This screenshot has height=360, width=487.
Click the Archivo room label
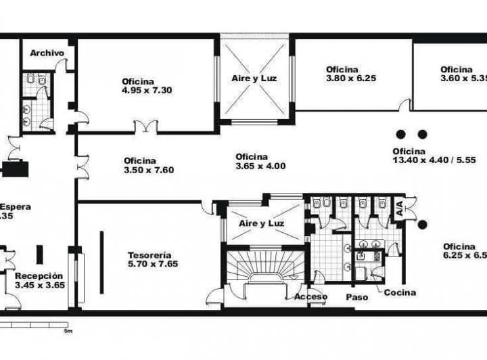pyautogui.click(x=47, y=53)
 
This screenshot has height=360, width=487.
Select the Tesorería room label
pyautogui.click(x=149, y=255)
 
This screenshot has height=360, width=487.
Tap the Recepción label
pyautogui.click(x=39, y=276)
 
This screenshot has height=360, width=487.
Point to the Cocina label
pyautogui.click(x=400, y=292)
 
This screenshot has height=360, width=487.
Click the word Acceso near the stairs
pyautogui.click(x=311, y=296)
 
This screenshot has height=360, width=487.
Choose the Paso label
pyautogui.click(x=357, y=297)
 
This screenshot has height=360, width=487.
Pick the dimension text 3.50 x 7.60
pyautogui.click(x=149, y=170)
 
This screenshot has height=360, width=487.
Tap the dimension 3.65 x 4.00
pyautogui.click(x=260, y=166)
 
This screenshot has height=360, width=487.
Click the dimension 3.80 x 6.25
pyautogui.click(x=350, y=78)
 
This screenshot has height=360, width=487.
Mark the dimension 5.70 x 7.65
pyautogui.click(x=153, y=264)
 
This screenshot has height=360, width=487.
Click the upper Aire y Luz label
pyautogui.click(x=254, y=78)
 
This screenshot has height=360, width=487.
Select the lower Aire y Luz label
pyautogui.click(x=261, y=223)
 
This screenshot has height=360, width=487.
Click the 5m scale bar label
pyautogui.click(x=68, y=331)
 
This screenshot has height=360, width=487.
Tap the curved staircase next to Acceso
pyautogui.click(x=264, y=267)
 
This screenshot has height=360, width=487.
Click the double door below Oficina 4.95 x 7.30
pyautogui.click(x=145, y=127)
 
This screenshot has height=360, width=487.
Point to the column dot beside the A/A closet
pyautogui.click(x=421, y=224)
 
